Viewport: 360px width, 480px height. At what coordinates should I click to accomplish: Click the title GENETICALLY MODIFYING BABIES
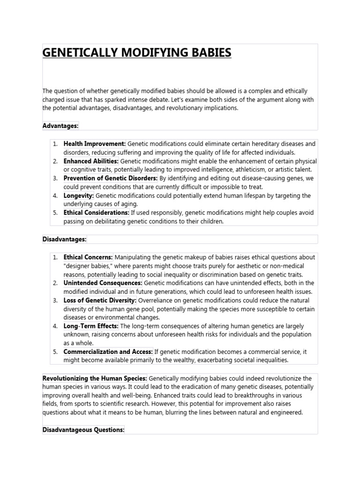coord(137,52)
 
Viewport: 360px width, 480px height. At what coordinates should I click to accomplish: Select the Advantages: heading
coord(61,126)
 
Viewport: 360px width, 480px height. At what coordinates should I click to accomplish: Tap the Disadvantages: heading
coord(65,239)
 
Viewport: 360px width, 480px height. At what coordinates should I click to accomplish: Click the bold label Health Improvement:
coord(95,143)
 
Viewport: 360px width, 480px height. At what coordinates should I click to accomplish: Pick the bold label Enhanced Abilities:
coord(91,161)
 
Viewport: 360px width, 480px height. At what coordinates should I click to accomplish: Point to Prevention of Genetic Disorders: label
coord(111,178)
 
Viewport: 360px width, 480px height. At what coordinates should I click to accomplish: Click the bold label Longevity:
coord(79,195)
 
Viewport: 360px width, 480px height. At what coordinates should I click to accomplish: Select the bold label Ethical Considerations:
coord(97,212)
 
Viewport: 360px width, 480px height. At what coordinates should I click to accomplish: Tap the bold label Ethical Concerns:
coord(88,257)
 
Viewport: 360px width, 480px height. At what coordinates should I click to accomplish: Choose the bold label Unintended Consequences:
coord(103,283)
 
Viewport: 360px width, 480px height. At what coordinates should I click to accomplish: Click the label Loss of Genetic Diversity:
coord(100,300)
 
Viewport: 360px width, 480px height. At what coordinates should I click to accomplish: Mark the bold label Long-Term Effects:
coord(91,326)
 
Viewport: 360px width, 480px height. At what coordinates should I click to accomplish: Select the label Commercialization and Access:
coord(108,352)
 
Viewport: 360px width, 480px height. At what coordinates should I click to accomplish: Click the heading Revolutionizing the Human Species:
coord(95,378)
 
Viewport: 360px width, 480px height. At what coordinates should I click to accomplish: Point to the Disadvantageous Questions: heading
coord(83,429)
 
